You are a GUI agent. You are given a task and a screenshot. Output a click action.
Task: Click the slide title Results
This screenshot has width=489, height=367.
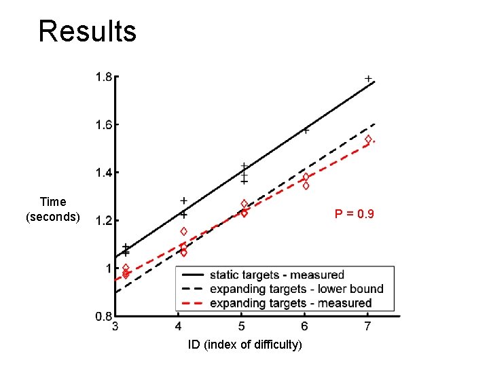tap(87, 31)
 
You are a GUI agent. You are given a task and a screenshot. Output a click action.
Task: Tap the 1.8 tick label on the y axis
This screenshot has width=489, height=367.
tap(103, 77)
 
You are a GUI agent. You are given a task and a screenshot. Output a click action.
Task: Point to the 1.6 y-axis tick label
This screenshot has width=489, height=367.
tap(103, 124)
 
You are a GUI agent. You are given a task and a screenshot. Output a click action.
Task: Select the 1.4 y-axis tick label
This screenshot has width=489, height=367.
tap(103, 173)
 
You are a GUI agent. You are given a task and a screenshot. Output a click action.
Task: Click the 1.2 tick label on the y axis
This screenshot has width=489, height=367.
tap(103, 220)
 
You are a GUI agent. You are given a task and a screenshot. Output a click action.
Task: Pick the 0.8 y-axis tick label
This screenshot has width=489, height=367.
tap(103, 316)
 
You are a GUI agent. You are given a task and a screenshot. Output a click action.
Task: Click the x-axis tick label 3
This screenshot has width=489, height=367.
tap(115, 326)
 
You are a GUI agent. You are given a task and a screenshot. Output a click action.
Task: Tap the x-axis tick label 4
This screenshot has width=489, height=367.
tap(178, 326)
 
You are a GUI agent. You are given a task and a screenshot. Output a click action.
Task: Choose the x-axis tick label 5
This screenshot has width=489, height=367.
tap(241, 326)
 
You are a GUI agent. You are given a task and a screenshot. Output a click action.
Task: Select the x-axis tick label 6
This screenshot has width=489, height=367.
tap(304, 326)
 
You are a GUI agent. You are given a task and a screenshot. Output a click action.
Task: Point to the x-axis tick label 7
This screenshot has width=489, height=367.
tap(367, 326)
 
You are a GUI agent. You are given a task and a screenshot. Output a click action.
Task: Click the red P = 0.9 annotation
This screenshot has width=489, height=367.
tap(354, 215)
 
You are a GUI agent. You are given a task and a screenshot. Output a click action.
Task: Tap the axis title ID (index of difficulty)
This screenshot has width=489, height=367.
tap(244, 345)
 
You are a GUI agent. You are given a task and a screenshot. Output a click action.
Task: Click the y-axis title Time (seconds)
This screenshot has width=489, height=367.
tap(53, 209)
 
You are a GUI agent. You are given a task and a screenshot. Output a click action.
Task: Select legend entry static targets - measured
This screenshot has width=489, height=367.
tap(276, 275)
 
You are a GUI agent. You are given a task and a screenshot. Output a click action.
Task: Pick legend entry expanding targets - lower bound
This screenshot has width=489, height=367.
tap(296, 289)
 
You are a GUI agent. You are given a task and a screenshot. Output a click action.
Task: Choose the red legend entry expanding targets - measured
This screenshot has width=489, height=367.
tap(291, 303)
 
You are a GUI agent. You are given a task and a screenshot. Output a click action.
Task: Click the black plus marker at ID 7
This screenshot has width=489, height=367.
tap(368, 80)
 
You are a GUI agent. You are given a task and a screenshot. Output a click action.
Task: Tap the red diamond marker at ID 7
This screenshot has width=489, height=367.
tap(368, 139)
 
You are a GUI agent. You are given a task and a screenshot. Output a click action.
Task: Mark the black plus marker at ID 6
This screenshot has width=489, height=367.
tap(306, 130)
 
